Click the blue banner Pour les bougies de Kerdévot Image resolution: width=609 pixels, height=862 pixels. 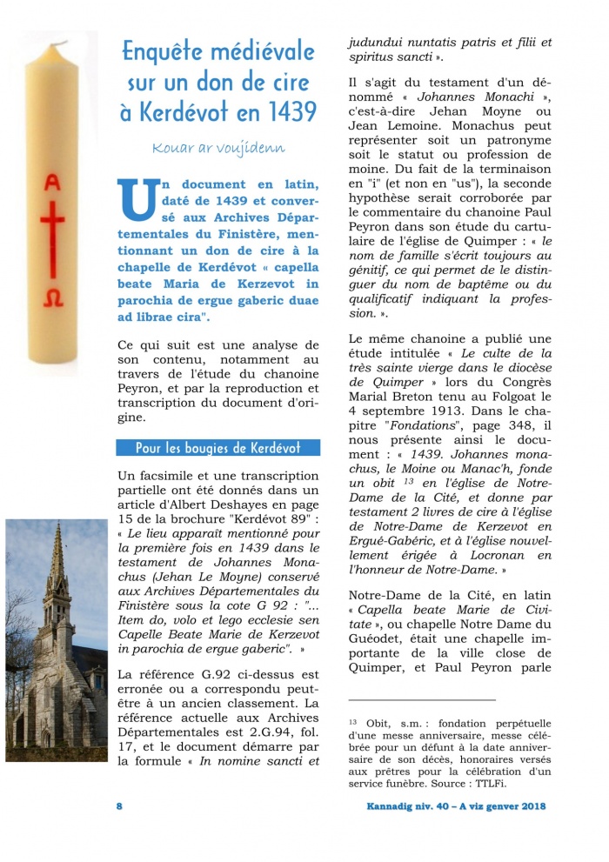click(x=217, y=448)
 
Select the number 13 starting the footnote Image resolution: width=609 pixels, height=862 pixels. click(x=352, y=721)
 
